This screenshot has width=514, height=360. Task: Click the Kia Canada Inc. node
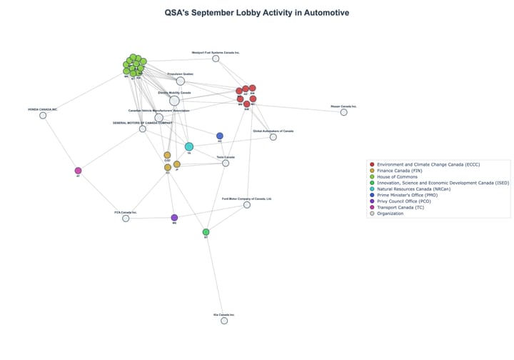(224, 321)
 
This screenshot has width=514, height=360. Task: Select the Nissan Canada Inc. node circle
(343, 112)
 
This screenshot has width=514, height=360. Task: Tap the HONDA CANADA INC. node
(43, 115)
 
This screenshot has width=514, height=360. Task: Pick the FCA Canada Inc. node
(126, 218)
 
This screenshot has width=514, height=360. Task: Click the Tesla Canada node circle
(226, 163)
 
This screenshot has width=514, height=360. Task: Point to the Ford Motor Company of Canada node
(247, 205)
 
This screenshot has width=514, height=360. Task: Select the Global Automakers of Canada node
(273, 136)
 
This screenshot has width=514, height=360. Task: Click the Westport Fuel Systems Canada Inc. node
(216, 59)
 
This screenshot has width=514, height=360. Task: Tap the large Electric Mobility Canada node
(174, 101)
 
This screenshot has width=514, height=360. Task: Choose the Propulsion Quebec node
(181, 81)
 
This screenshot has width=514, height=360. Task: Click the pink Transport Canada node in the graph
(78, 171)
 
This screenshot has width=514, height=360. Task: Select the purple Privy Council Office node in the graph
(174, 218)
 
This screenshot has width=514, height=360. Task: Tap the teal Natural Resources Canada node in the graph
(189, 146)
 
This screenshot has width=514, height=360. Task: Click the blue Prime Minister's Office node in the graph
(220, 136)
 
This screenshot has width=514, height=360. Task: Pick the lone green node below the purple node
(206, 232)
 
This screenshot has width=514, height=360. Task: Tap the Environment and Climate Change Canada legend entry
(428, 165)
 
